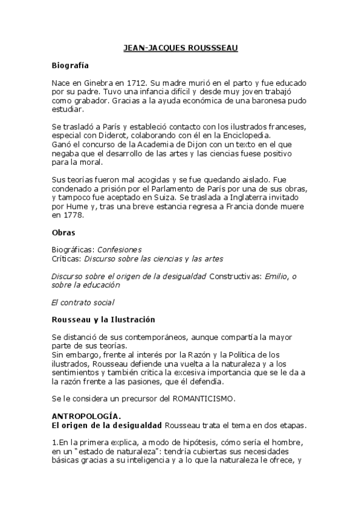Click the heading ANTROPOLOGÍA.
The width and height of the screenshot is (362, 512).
click(86, 417)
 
